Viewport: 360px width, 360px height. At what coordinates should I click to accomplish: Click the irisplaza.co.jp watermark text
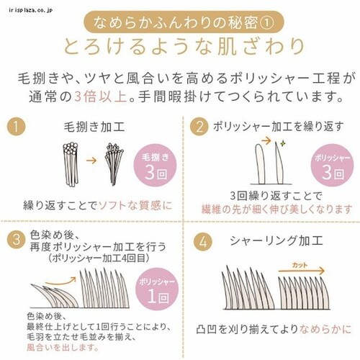[24, 5]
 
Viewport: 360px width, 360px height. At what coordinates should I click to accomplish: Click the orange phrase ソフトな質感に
[135, 204]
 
